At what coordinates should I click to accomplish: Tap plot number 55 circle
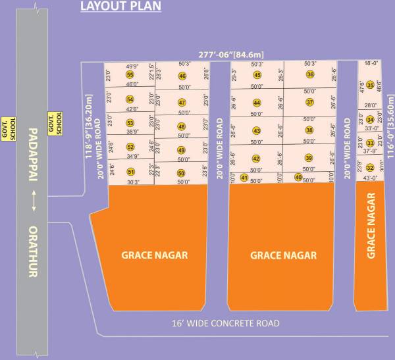tap(130, 75)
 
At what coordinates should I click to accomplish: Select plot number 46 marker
tap(182, 76)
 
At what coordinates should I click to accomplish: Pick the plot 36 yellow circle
tap(310, 75)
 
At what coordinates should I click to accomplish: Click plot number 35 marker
tap(371, 85)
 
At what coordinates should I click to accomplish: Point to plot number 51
tap(130, 172)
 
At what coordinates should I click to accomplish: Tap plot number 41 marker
tap(244, 178)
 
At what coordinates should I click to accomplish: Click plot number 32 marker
tap(370, 167)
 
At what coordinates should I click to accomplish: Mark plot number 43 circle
tap(257, 131)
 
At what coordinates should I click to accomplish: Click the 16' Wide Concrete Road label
tap(225, 323)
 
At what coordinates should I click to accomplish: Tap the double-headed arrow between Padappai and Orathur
tap(31, 202)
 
